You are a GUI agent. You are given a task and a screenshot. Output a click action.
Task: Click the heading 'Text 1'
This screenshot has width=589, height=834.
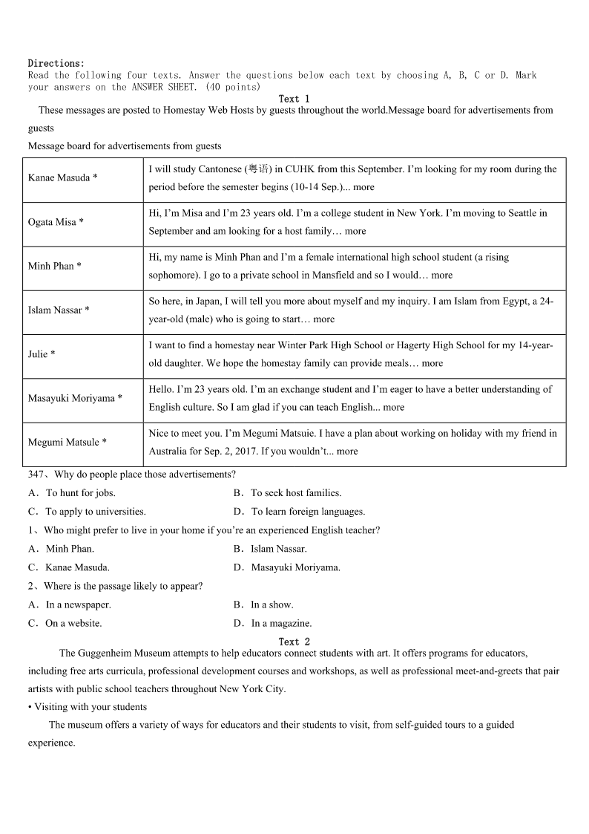coord(294,99)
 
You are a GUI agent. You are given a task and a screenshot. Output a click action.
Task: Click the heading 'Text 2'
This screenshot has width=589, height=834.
coord(294,642)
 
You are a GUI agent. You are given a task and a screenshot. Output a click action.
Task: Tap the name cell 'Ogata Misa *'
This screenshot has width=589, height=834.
coord(56,222)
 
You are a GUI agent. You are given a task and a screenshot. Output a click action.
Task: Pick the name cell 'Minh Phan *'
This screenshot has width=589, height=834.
coord(54,266)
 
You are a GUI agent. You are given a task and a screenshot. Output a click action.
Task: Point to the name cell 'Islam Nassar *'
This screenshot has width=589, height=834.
coord(59,310)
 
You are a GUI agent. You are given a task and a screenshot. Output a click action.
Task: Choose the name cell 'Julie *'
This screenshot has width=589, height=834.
coord(42,354)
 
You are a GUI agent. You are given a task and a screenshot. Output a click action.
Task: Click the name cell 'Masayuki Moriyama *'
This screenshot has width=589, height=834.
coord(75,398)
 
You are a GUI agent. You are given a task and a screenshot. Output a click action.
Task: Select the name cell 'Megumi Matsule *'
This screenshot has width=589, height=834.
coord(68,442)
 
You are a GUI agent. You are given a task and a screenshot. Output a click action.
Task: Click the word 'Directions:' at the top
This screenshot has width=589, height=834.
coord(56,64)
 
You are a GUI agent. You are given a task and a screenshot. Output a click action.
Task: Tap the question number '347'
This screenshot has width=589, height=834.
coord(36,475)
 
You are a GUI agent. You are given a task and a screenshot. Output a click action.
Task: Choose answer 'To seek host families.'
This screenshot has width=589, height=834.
coord(295,493)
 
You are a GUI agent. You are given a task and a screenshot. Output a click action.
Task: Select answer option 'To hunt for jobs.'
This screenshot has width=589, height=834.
coord(80,493)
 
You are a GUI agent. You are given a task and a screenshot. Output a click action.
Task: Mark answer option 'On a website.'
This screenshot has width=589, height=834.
coord(73,623)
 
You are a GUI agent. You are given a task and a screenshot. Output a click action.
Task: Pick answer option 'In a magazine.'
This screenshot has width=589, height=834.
coord(281,623)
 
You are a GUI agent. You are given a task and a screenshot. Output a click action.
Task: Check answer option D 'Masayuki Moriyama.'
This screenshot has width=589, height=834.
coord(295,567)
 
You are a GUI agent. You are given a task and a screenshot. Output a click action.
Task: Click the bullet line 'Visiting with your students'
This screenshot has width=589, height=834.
coord(91,707)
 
